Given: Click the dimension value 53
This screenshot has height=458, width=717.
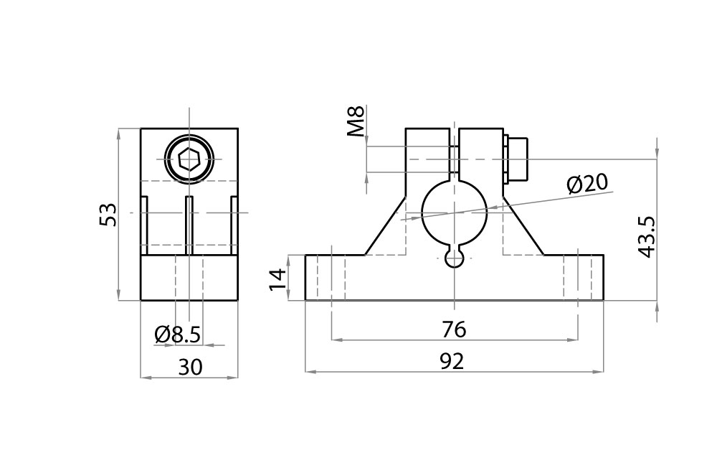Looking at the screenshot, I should coord(108,215).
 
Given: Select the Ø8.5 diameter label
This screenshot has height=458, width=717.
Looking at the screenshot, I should coord(177,334).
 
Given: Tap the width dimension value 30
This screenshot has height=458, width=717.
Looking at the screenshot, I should coord(189,367).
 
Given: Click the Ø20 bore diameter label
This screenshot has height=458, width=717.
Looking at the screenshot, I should coord(587,184).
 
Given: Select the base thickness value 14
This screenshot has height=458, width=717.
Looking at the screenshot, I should coord(278,278).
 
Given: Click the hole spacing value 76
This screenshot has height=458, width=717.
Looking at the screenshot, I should coord(454,330).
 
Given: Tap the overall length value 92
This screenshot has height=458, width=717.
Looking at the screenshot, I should coord(452,362).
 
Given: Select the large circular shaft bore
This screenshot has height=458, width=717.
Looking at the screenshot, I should coord(454,212).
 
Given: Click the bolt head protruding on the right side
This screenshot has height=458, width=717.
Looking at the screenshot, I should coord(516,159).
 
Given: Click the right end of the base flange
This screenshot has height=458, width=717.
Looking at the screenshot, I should coord(590,278).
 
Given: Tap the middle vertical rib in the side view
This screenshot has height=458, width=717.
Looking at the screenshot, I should coord(189,224).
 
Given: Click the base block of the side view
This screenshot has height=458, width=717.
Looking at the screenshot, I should coord(189,278).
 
